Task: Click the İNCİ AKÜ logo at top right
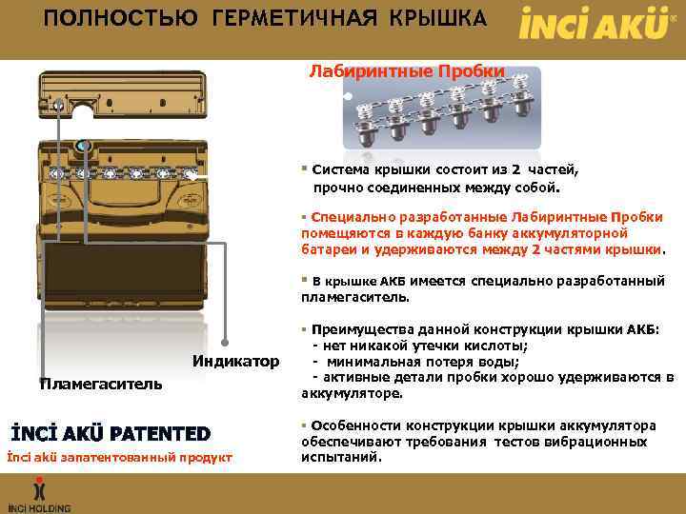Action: (x=592, y=23)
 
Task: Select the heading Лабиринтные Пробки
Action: (x=407, y=71)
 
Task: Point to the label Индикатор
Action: (x=236, y=361)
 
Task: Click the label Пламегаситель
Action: (x=100, y=383)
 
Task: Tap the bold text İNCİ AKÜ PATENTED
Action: (x=110, y=433)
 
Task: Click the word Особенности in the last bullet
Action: (x=356, y=425)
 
